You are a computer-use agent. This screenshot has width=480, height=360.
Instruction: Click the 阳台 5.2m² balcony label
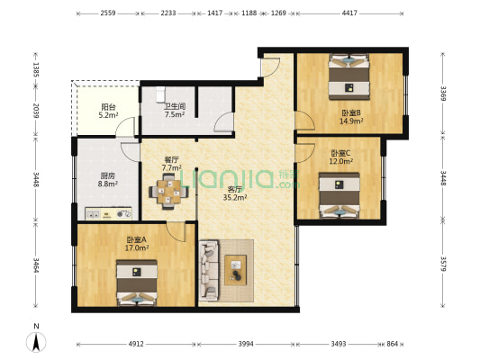[106, 111]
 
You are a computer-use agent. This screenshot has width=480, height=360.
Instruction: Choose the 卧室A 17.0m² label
[137, 244]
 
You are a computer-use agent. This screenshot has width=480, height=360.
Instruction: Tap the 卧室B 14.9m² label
[350, 117]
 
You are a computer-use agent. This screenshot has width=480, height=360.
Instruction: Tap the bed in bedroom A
[136, 281]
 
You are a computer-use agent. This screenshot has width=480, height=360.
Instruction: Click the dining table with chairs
[168, 190]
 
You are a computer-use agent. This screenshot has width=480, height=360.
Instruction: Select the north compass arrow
[37, 340]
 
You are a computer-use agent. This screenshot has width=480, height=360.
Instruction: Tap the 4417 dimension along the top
[349, 13]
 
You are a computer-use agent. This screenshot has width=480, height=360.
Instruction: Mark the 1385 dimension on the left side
[37, 69]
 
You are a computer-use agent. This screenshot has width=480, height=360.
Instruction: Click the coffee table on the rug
[237, 265]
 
